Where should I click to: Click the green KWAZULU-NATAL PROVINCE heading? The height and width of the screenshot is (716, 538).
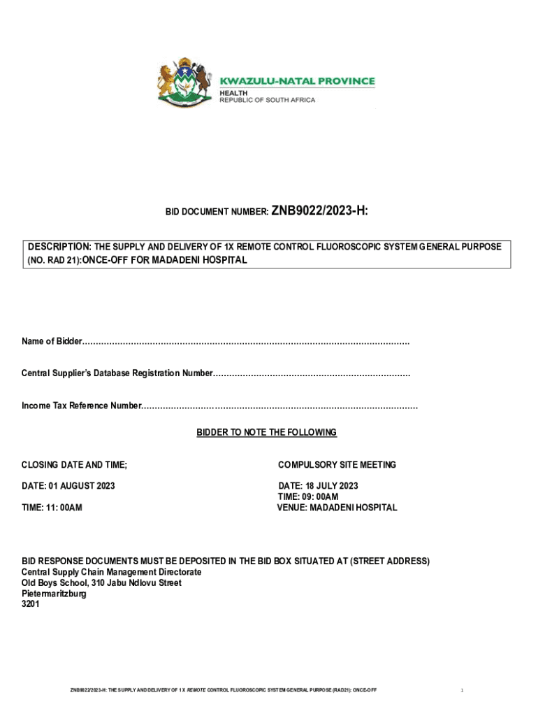[298, 81]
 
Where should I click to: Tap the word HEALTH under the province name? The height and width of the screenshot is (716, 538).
[234, 92]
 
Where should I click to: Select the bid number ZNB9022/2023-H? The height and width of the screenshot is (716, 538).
[319, 209]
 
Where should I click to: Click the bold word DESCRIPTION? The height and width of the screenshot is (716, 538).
[59, 247]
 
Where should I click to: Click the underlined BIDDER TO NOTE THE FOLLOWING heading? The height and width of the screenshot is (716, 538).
[266, 433]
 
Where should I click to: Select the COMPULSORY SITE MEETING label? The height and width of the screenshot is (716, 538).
[337, 465]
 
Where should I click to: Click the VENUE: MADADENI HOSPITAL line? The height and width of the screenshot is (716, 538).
[337, 508]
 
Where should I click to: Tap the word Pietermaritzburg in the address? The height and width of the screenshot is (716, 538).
[54, 594]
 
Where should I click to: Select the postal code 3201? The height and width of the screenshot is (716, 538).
[31, 604]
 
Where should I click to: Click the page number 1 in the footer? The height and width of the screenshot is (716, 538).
[462, 691]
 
